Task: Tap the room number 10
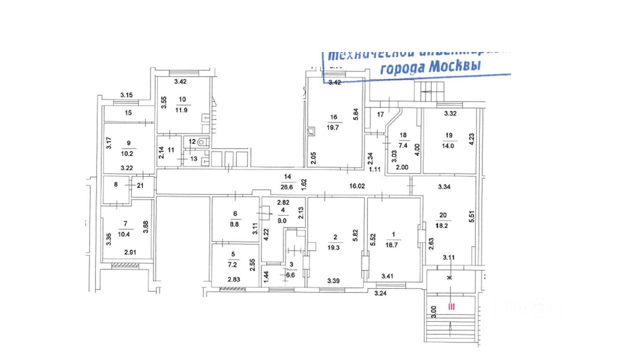[181, 98]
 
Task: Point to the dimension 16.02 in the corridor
[356, 185]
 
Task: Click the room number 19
[448, 134]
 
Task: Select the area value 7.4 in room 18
[403, 144]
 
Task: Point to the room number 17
[380, 114]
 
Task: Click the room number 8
[115, 184]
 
